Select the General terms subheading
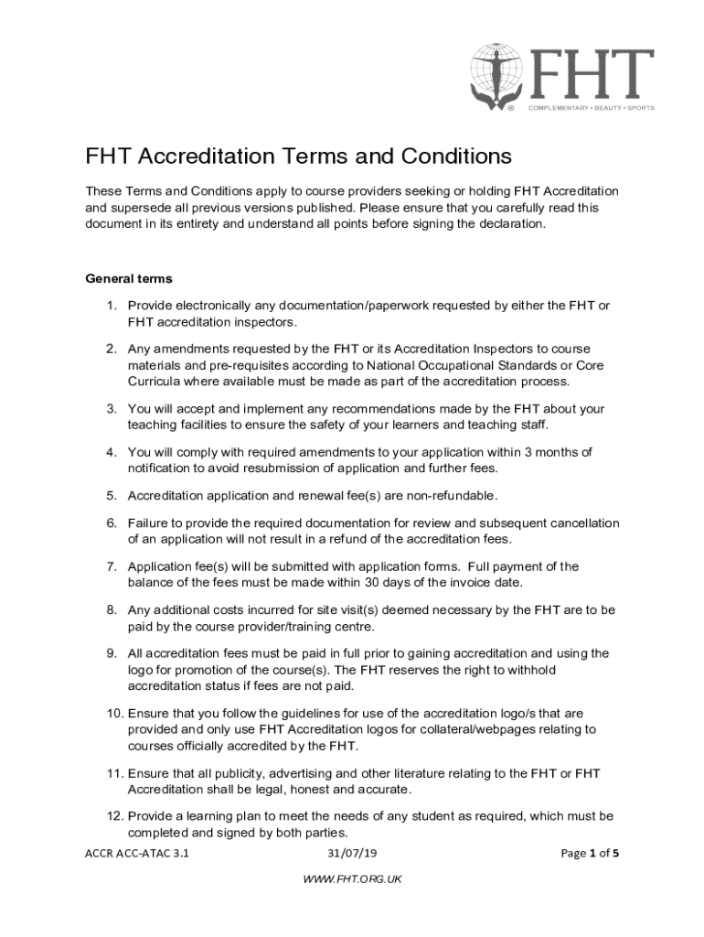[x=129, y=278]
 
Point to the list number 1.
[x=111, y=305]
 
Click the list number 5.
[x=111, y=495]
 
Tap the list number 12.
[x=113, y=814]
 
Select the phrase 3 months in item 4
[x=551, y=452]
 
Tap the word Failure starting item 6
[x=148, y=522]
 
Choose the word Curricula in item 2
[x=155, y=381]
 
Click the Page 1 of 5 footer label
[x=590, y=854]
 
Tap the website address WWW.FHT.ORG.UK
[x=351, y=879]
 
